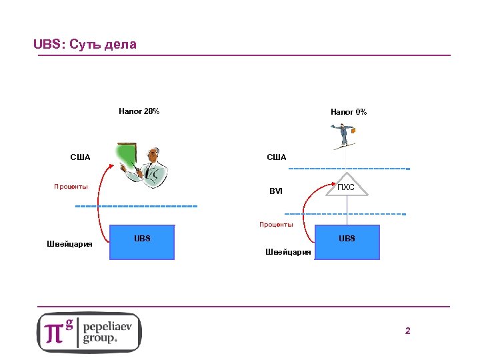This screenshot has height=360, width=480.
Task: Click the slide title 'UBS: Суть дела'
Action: tap(85, 45)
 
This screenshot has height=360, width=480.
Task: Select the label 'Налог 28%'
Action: tap(139, 111)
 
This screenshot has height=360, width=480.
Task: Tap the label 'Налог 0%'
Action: tap(348, 112)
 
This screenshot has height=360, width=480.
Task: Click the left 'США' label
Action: tap(80, 157)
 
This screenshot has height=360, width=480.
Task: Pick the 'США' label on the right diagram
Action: tap(276, 157)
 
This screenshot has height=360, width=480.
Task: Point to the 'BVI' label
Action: tap(276, 191)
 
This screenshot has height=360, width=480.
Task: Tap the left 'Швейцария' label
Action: tap(69, 243)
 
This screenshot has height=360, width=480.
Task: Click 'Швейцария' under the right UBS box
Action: tap(288, 252)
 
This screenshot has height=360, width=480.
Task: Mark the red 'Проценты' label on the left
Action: tap(71, 187)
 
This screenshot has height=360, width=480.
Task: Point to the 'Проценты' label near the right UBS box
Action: tap(276, 225)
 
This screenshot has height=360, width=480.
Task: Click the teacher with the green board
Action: tap(141, 165)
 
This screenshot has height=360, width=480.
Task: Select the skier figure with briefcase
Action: tap(342, 137)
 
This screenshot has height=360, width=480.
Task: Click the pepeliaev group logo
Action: tap(89, 332)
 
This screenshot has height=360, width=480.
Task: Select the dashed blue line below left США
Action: tap(136, 206)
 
